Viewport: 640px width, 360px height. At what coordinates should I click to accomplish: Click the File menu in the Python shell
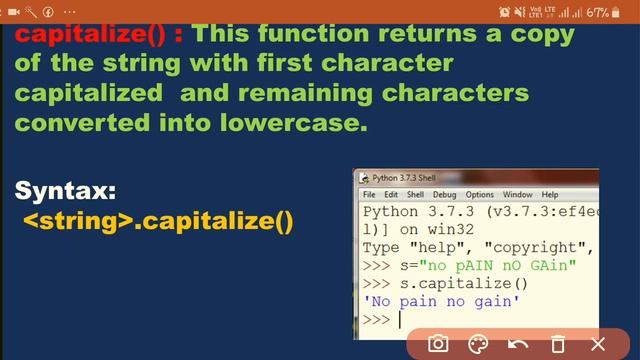369,194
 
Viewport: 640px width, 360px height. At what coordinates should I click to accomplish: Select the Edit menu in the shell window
391,194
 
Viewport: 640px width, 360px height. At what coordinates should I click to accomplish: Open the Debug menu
444,194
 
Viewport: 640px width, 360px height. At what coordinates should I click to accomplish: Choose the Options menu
479,194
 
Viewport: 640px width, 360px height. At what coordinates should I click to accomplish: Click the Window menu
517,194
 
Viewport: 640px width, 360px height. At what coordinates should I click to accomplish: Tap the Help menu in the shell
550,194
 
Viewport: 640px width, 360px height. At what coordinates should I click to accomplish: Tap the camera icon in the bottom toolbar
438,344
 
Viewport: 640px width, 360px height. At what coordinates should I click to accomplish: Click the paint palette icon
478,344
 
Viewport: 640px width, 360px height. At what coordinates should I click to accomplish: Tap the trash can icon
559,344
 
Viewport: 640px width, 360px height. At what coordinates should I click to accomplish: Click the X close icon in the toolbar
598,344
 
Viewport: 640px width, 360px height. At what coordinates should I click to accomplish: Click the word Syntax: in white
66,190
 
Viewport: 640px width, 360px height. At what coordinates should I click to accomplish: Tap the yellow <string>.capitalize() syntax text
158,219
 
